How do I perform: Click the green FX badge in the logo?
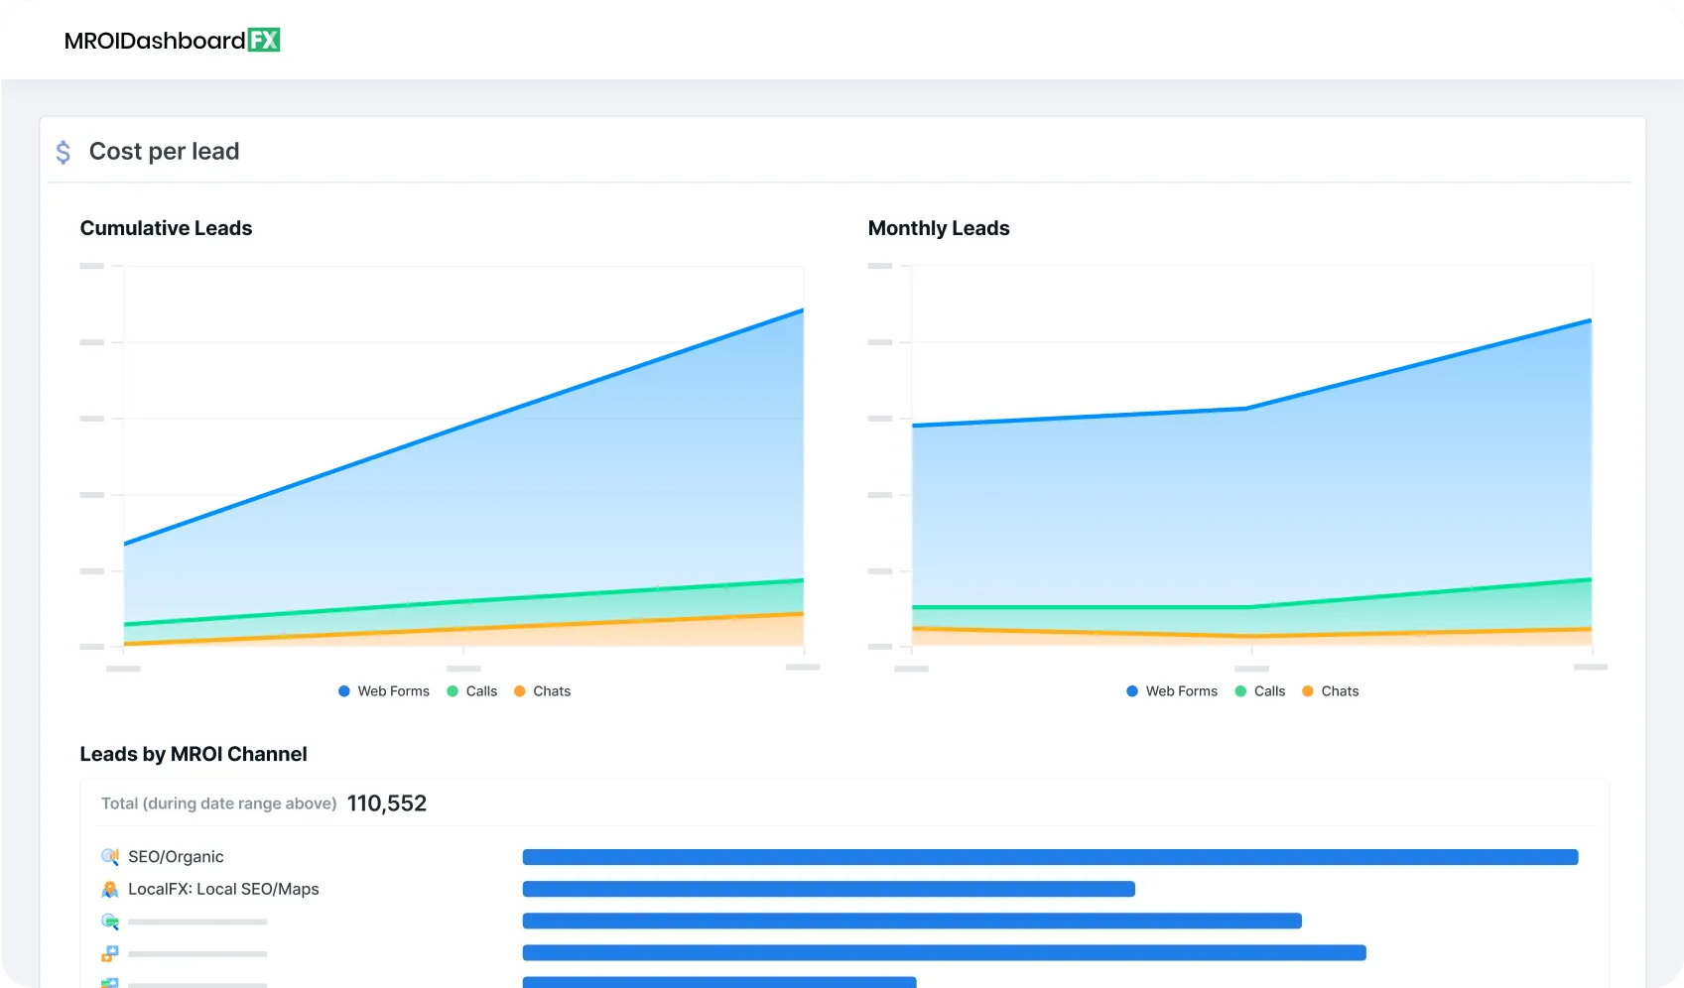pos(264,40)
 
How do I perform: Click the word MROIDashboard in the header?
pos(155,41)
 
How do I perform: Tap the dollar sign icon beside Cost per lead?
pos(64,152)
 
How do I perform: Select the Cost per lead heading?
pos(164,152)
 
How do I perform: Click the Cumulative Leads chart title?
pos(166,228)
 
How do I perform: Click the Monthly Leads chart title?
pos(938,228)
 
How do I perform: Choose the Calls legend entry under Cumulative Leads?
pos(472,691)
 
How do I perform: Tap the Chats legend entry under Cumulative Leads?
pos(543,691)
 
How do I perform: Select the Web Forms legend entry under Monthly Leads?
pos(1172,691)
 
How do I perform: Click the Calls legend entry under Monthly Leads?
pos(1260,691)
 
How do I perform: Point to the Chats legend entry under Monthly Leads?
pos(1331,691)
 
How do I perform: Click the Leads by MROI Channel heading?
pos(194,754)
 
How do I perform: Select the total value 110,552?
pos(387,803)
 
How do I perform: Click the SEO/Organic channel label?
pos(176,857)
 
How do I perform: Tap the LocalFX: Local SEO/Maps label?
pos(223,890)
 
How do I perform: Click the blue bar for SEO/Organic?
pos(1050,857)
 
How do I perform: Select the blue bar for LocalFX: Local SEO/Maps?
pos(829,889)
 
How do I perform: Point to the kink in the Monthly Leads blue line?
pos(1247,408)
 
